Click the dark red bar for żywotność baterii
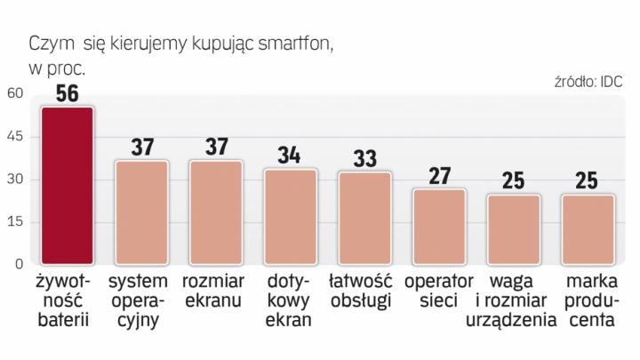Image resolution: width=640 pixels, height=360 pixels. (x=68, y=186)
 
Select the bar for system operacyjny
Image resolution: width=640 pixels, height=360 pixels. (x=143, y=212)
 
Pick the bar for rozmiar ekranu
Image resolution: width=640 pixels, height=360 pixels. (x=217, y=212)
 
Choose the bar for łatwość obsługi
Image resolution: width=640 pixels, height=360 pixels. (x=364, y=219)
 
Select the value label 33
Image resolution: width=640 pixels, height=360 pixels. (x=364, y=159)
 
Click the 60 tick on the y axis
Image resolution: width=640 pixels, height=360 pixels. (x=15, y=93)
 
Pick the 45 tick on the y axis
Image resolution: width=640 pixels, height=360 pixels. (x=15, y=137)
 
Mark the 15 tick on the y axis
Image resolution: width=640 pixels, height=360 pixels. (x=15, y=222)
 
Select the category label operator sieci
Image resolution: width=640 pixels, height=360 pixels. (x=438, y=292)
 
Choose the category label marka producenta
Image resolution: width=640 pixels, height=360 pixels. (x=587, y=302)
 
